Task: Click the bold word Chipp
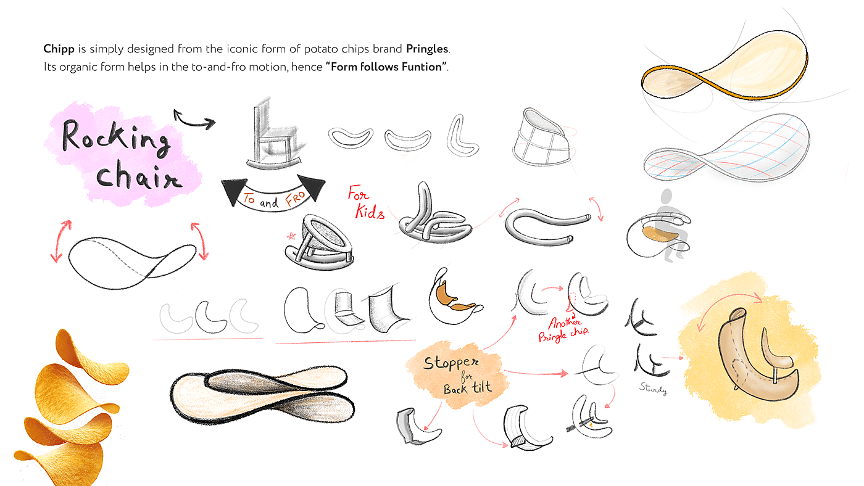pyautogui.click(x=59, y=49)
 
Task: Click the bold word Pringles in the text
pyautogui.click(x=427, y=49)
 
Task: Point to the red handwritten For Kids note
pyautogui.click(x=365, y=202)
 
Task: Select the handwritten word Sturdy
pyautogui.click(x=653, y=389)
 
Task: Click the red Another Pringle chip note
pyautogui.click(x=563, y=329)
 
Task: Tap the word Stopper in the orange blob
pyautogui.click(x=451, y=363)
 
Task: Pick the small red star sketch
pyautogui.click(x=291, y=236)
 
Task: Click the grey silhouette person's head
pyautogui.click(x=666, y=196)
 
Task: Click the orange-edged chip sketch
pyautogui.click(x=725, y=66)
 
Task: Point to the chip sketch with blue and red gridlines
pyautogui.click(x=727, y=147)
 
